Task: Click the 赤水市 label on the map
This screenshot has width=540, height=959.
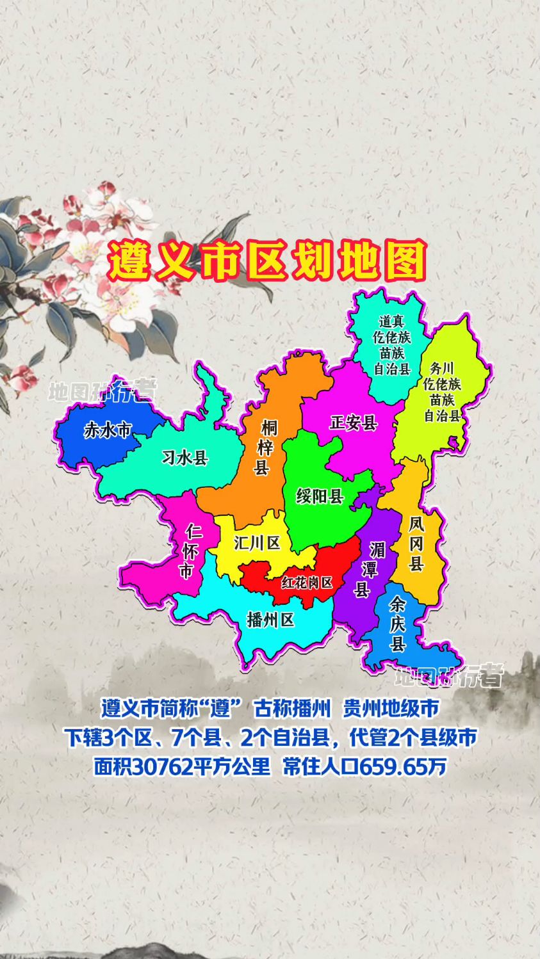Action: pos(107,430)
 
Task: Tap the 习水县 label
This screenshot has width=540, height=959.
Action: pos(185,458)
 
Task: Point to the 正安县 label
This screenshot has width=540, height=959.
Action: pos(354,423)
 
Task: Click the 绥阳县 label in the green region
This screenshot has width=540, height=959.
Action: pos(320,496)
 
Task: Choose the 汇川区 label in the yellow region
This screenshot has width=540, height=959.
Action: pos(257,544)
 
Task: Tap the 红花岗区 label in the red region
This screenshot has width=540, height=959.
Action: pos(307,583)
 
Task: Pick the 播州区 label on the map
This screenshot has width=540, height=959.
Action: pos(270,620)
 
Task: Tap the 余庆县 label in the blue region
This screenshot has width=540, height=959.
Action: pos(398,623)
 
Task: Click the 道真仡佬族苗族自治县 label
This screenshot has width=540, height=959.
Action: pos(391,344)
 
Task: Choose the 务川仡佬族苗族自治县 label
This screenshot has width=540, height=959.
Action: pos(442,392)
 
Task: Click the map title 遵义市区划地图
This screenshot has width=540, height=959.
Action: pos(267,261)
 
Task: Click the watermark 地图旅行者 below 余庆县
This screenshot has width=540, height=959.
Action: pos(448,675)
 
